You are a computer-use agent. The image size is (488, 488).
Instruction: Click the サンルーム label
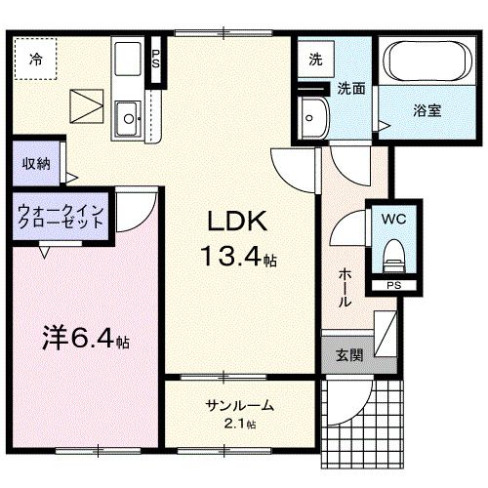[x=239, y=405]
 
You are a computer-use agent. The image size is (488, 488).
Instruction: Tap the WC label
[x=395, y=220]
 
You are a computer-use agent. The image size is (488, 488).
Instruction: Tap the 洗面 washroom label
[x=351, y=88]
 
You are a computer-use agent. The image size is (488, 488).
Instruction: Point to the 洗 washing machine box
[x=315, y=60]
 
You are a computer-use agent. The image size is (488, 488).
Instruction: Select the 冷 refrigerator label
[x=36, y=60]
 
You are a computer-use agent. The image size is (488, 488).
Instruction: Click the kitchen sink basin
[x=128, y=121]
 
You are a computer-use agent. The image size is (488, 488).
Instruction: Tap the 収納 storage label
[x=37, y=164]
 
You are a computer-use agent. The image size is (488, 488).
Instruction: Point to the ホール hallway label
[x=345, y=288]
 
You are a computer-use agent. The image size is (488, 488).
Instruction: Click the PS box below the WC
[x=392, y=286]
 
